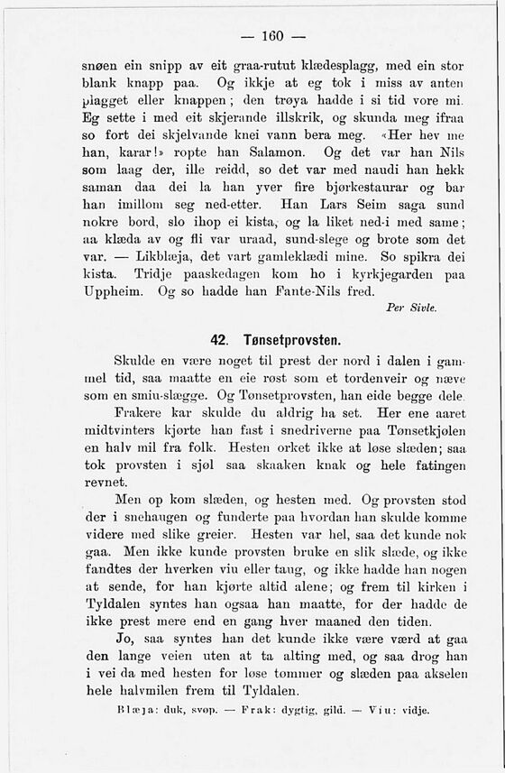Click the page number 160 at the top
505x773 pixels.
271,36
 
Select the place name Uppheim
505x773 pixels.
115,292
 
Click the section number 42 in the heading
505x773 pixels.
218,341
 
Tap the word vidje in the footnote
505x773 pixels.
415,709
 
